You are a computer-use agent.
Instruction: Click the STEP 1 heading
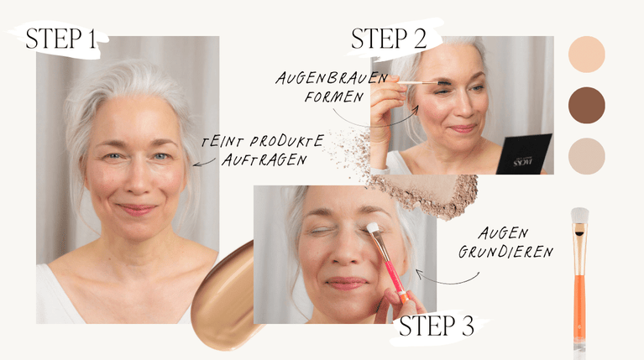(x=60, y=39)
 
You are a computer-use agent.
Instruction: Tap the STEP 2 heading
(x=389, y=39)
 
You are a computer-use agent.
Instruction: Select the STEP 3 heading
(x=436, y=326)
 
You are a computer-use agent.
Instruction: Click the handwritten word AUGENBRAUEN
(x=332, y=78)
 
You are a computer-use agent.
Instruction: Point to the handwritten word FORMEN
(x=334, y=97)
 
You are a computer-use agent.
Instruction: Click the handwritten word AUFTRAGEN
(x=264, y=159)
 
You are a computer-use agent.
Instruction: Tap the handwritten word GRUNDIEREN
(x=505, y=252)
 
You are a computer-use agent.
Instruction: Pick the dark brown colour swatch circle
(x=587, y=105)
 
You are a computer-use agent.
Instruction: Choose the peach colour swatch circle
(x=587, y=55)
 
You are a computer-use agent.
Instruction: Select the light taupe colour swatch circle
(x=587, y=156)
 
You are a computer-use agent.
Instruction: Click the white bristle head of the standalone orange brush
(x=579, y=215)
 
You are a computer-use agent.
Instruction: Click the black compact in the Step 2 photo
(x=525, y=154)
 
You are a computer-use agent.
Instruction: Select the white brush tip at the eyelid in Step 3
(x=373, y=228)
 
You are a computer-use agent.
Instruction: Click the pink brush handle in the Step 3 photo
(x=395, y=275)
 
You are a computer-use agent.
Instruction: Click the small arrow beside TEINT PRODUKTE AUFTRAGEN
(x=204, y=163)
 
